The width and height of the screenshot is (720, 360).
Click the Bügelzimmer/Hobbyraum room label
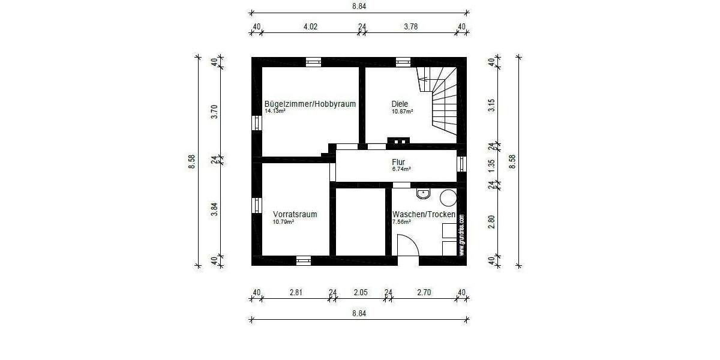click(x=310, y=104)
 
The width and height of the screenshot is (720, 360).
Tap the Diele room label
click(x=400, y=104)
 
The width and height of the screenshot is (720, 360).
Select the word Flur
click(x=398, y=162)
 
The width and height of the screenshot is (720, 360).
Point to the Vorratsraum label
click(x=295, y=214)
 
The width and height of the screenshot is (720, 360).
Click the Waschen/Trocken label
click(x=424, y=214)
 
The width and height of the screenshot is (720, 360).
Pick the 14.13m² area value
click(x=275, y=111)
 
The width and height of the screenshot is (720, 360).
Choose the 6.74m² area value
click(x=401, y=169)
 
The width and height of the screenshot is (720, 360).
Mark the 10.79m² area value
click(x=283, y=221)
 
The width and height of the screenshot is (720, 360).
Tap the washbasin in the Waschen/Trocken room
click(x=424, y=193)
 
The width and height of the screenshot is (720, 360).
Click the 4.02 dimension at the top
click(x=310, y=26)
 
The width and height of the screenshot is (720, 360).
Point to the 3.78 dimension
click(x=411, y=26)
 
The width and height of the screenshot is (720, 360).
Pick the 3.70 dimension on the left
click(x=214, y=112)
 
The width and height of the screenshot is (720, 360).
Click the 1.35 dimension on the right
click(x=491, y=166)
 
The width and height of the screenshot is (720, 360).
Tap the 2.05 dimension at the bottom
click(x=360, y=292)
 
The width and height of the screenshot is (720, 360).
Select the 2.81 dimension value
click(x=295, y=292)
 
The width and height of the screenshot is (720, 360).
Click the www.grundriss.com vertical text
click(x=461, y=235)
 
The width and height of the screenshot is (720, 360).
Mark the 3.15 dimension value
click(x=491, y=105)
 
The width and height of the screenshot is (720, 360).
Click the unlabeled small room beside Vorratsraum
click(x=360, y=221)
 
